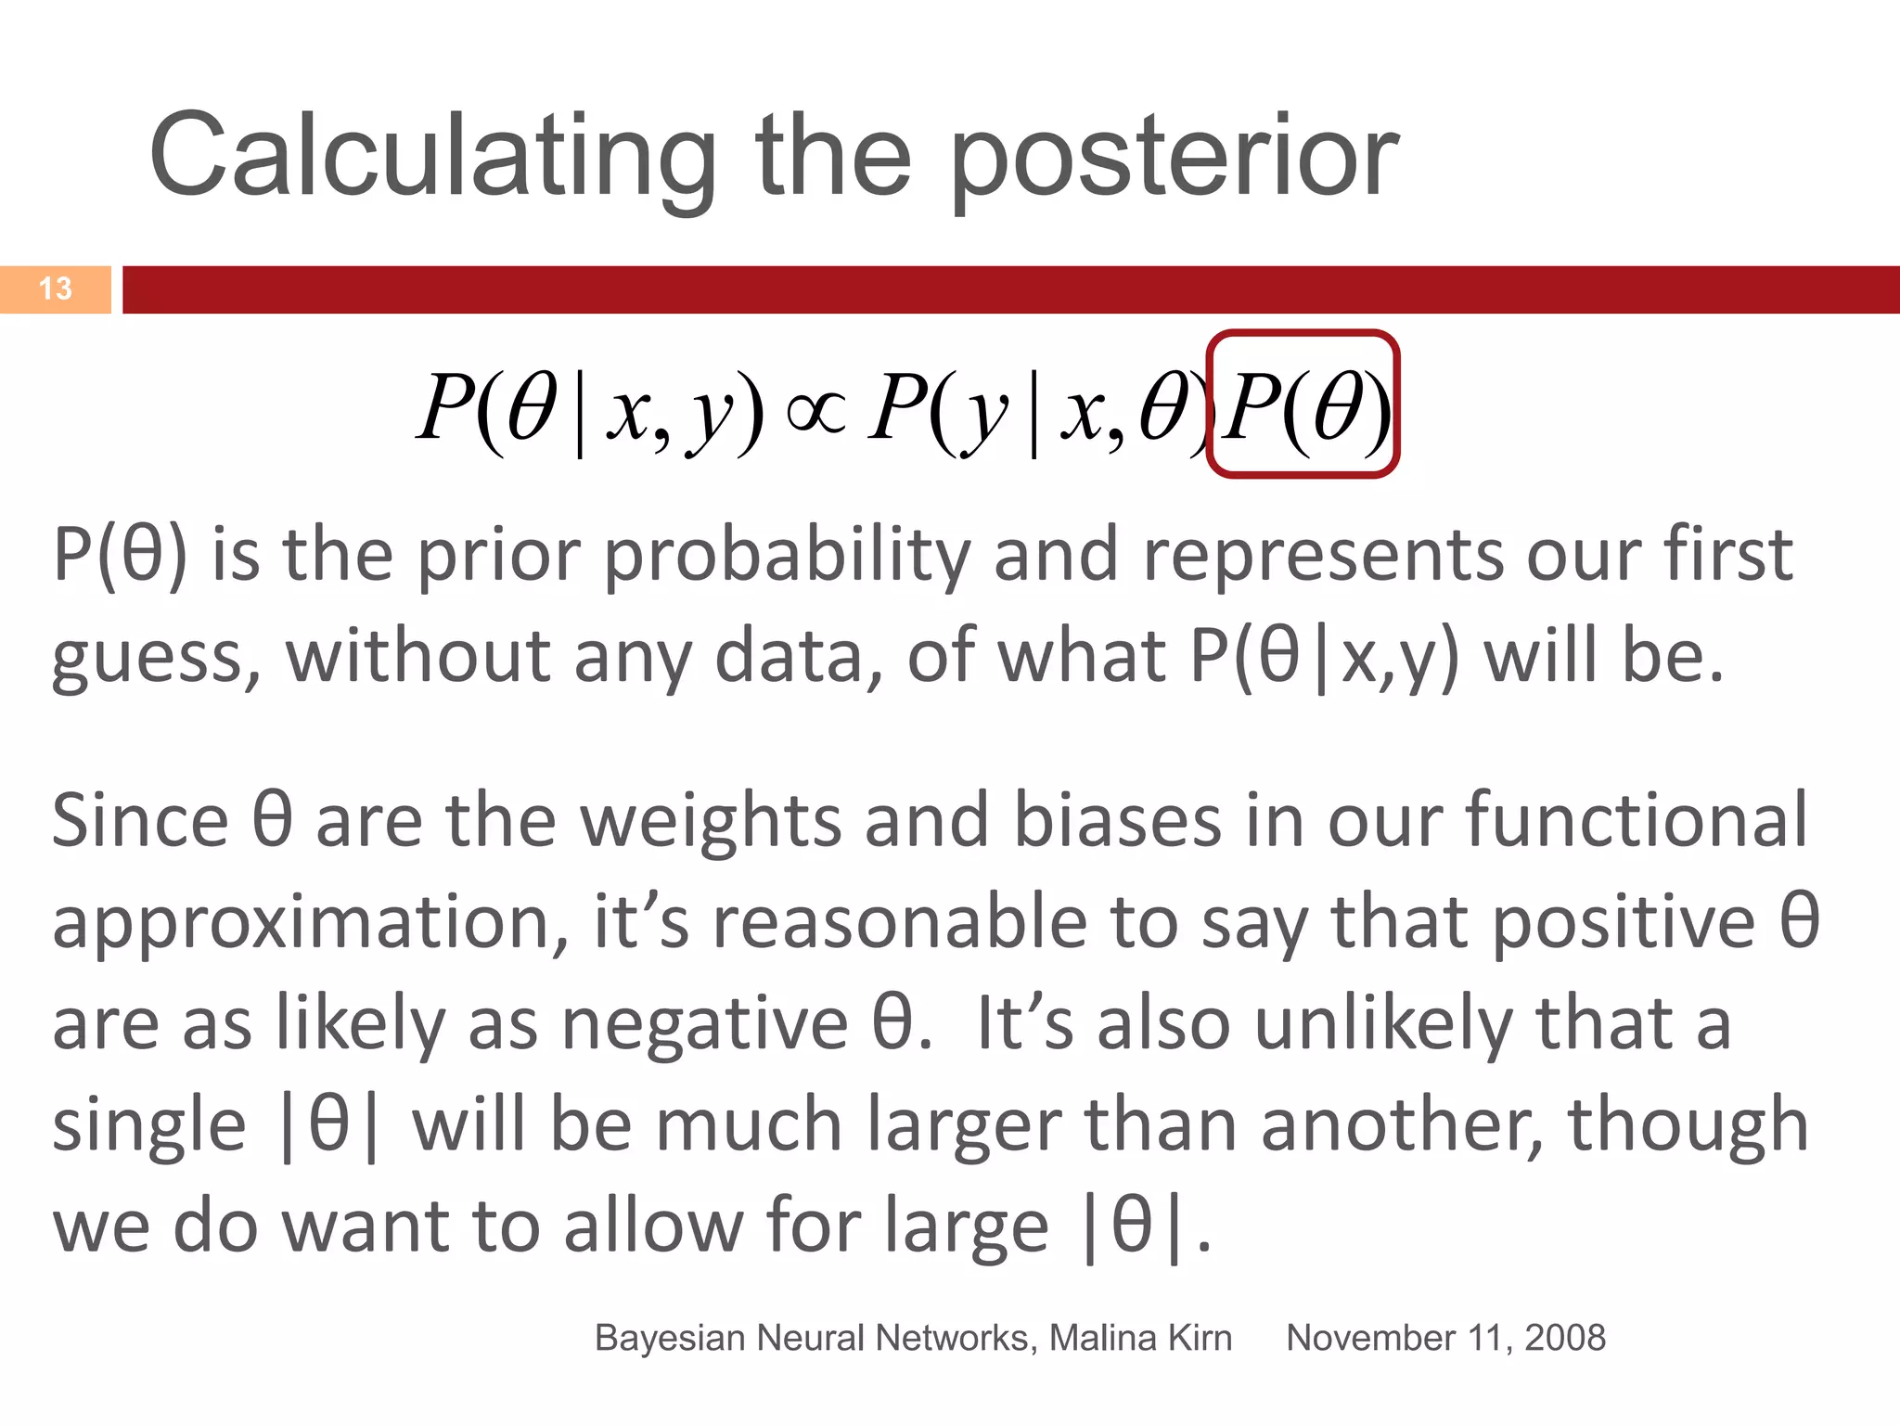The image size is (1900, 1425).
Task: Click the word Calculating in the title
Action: click(432, 156)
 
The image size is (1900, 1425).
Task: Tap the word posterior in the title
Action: click(1175, 156)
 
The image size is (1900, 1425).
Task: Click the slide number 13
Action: click(56, 289)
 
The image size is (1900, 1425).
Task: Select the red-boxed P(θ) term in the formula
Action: click(1303, 404)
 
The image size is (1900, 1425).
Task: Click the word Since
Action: click(140, 821)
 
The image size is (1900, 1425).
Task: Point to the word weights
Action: click(711, 821)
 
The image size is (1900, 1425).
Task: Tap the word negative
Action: click(705, 1024)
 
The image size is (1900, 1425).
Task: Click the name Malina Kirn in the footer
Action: click(1140, 1338)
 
